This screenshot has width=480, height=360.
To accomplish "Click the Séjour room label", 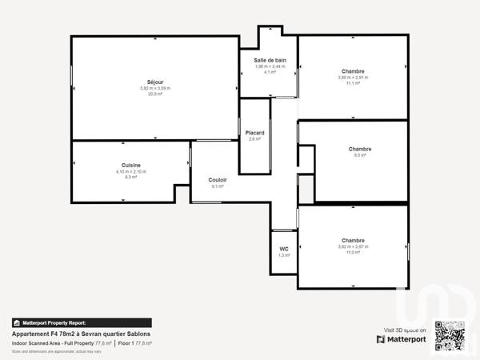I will [155, 82].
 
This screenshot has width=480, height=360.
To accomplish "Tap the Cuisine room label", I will [131, 165].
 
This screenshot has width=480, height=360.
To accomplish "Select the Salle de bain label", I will [270, 60].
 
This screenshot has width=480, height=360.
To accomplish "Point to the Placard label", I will [254, 133].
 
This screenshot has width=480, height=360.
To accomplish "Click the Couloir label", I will [218, 180].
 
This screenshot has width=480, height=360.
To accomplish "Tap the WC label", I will [284, 249].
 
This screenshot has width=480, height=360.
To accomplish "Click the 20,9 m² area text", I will [155, 94].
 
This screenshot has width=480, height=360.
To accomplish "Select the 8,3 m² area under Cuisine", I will [131, 177].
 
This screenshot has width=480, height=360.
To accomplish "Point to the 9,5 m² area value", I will [359, 155].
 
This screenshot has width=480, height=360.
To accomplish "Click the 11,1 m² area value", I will [353, 83].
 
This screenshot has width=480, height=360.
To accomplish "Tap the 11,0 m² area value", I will [353, 252].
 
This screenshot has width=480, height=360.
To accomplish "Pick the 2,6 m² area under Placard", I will [254, 139].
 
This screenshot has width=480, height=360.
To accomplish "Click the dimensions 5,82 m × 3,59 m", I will [155, 88].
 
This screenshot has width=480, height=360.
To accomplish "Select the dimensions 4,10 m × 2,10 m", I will [131, 171].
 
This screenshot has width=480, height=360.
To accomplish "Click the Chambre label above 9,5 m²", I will [360, 149].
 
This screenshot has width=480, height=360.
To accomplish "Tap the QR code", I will [450, 334].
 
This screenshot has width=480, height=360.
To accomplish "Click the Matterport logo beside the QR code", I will [402, 338].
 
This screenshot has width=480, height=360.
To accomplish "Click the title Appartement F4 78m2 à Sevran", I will [80, 334].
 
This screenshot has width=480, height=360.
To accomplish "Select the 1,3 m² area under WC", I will [284, 255].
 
